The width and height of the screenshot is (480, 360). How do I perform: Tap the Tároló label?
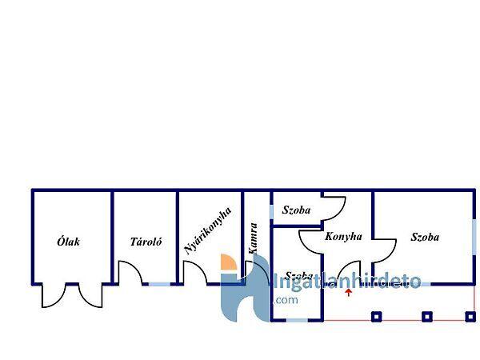146,241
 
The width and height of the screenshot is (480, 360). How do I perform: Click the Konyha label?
344,237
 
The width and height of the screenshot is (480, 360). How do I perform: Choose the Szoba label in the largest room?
425,237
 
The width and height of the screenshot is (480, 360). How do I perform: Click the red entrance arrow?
348,294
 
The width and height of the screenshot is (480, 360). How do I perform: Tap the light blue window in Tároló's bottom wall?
159,284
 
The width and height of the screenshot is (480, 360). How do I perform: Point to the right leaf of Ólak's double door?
90,297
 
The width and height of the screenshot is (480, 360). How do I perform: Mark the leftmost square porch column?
376,316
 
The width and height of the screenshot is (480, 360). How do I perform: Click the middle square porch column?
426,316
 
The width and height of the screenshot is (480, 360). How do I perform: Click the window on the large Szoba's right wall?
474,238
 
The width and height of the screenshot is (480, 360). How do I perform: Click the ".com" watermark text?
286,300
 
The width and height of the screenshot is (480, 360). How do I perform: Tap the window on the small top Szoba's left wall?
272,211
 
